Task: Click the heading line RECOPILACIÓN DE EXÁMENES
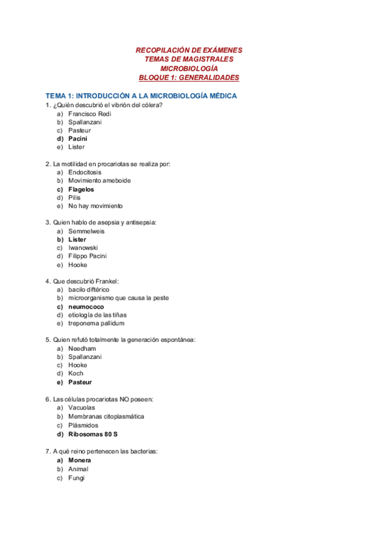point(189,50)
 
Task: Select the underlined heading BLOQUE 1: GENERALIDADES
point(189,77)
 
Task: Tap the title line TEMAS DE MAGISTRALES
point(189,59)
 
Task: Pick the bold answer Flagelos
point(81,189)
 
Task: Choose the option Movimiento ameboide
point(99,180)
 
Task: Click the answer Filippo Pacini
point(87,256)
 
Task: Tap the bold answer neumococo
point(86,307)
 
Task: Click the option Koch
point(76,373)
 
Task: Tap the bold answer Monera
point(79,460)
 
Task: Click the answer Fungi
point(76,477)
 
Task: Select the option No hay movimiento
point(96,206)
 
